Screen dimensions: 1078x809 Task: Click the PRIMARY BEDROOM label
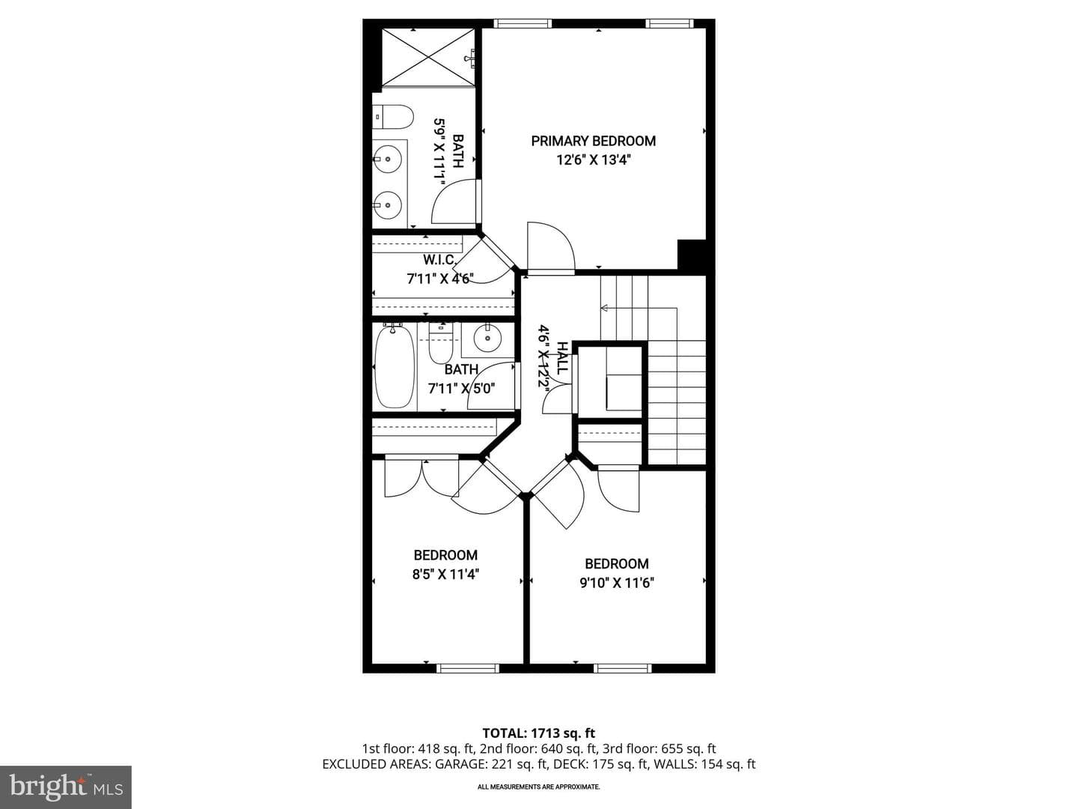[x=593, y=141]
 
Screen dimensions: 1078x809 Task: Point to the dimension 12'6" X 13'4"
[x=593, y=160]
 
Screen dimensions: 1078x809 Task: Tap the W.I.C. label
[x=440, y=260]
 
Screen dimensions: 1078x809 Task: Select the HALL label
[x=562, y=358]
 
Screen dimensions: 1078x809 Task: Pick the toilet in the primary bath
[x=392, y=117]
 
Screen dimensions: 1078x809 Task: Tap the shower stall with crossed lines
[x=429, y=57]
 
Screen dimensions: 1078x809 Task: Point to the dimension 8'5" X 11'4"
[x=445, y=574]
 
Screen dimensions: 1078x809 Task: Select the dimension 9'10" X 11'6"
[x=617, y=583]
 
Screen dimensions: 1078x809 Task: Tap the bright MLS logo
[x=66, y=787]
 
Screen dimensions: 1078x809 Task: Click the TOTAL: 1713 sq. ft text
[x=539, y=733]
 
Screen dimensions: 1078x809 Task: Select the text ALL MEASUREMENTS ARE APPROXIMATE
[x=539, y=787]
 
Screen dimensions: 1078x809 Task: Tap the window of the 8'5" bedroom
[x=468, y=668]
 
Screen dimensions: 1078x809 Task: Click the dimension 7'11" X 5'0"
[x=462, y=389]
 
